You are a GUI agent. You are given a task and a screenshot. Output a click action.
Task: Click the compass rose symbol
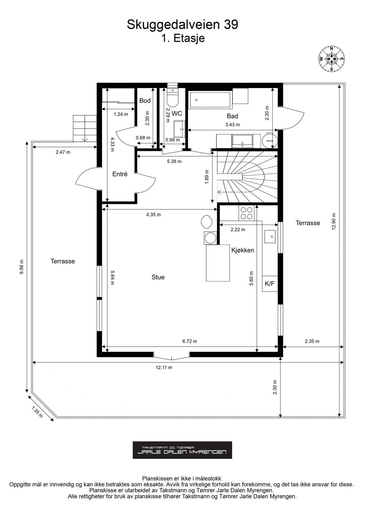click(332, 59)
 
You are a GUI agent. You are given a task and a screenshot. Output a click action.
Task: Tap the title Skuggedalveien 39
click(182, 25)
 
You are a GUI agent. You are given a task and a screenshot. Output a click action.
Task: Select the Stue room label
click(158, 277)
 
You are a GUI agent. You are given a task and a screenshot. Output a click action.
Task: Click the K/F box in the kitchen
click(270, 284)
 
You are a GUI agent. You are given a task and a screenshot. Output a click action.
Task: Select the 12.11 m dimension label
click(164, 367)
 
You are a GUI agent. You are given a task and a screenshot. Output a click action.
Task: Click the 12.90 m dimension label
click(333, 222)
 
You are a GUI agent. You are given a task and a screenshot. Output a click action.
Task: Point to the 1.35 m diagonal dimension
click(37, 412)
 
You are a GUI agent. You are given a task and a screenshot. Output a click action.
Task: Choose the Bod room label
click(145, 101)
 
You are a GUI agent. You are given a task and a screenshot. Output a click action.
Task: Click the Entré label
click(120, 174)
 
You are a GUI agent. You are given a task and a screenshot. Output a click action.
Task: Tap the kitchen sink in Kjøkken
click(270, 237)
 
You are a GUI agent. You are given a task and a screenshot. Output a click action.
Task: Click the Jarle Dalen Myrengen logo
click(182, 450)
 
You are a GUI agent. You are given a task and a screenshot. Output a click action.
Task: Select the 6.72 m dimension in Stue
click(190, 341)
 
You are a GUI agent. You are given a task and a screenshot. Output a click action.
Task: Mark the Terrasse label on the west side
click(63, 261)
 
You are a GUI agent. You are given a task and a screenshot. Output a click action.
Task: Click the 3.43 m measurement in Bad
click(233, 125)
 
